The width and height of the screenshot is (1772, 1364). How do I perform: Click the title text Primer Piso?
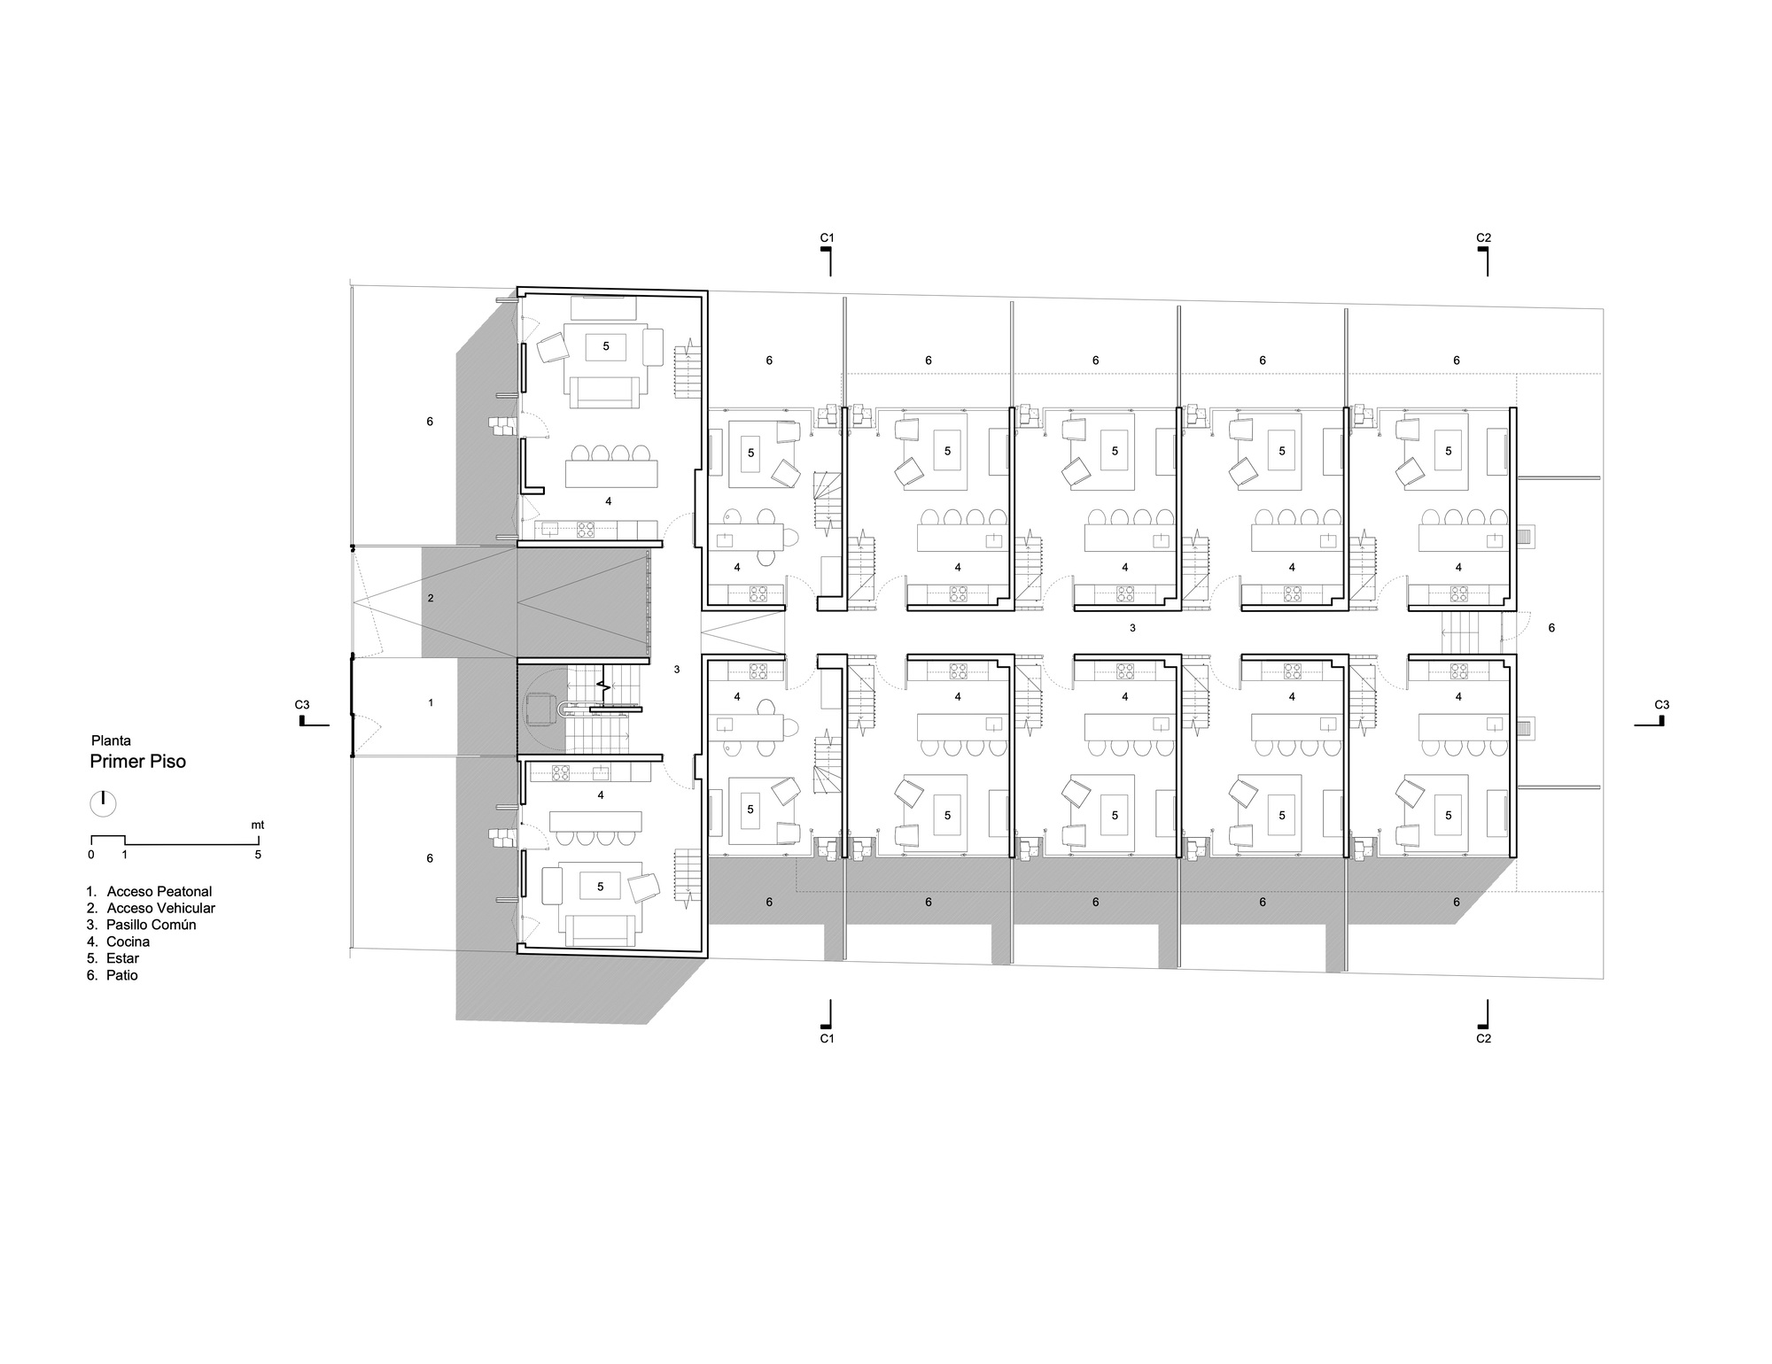(x=137, y=762)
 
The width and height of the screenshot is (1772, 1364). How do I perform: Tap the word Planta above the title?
(x=111, y=740)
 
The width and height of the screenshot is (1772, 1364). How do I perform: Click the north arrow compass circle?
(x=103, y=803)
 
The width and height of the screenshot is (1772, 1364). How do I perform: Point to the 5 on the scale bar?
(x=258, y=855)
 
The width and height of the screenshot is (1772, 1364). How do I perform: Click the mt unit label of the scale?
(x=257, y=825)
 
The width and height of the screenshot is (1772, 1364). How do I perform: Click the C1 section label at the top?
(x=827, y=237)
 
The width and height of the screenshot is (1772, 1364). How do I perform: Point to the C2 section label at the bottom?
(x=1483, y=1038)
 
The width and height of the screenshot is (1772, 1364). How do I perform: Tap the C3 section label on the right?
(x=1662, y=705)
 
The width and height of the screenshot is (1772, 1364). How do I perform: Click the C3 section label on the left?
(x=302, y=705)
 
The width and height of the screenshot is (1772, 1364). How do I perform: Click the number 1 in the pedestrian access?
(x=431, y=702)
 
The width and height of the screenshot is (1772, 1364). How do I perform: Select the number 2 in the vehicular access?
(x=431, y=598)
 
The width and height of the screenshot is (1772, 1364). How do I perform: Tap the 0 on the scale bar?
(x=91, y=855)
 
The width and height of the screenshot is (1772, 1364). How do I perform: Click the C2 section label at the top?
(x=1483, y=237)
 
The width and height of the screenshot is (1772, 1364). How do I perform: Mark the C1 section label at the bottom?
(x=827, y=1038)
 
